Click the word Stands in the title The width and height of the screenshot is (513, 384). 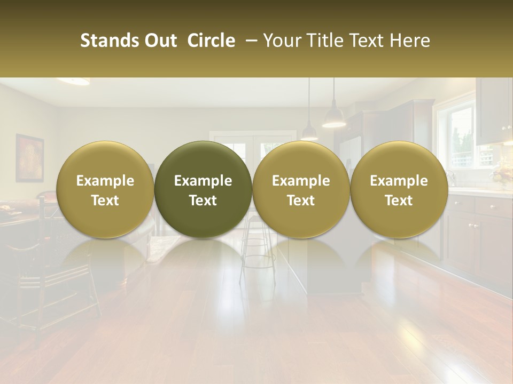pos(108,41)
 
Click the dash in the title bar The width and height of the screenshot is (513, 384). pos(250,41)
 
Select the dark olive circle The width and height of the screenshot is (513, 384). pos(203,189)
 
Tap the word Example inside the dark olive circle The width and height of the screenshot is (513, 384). pos(203,181)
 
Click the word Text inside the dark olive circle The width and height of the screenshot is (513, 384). pos(203,201)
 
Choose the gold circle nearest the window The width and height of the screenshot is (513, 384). pos(399,189)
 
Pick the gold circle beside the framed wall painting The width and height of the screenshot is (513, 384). pos(105,189)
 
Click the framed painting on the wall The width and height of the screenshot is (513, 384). pos(29,158)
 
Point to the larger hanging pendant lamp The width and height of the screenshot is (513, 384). pos(334,117)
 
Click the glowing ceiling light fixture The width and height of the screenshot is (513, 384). pos(73,81)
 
